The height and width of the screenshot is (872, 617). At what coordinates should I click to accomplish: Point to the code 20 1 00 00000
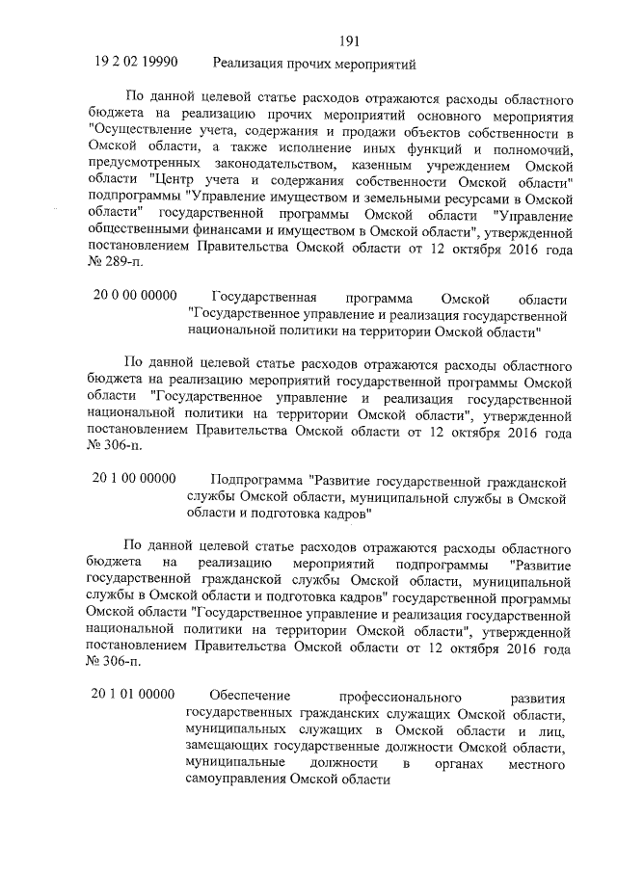click(134, 479)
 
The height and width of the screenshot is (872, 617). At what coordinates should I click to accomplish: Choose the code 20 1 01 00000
click(134, 694)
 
